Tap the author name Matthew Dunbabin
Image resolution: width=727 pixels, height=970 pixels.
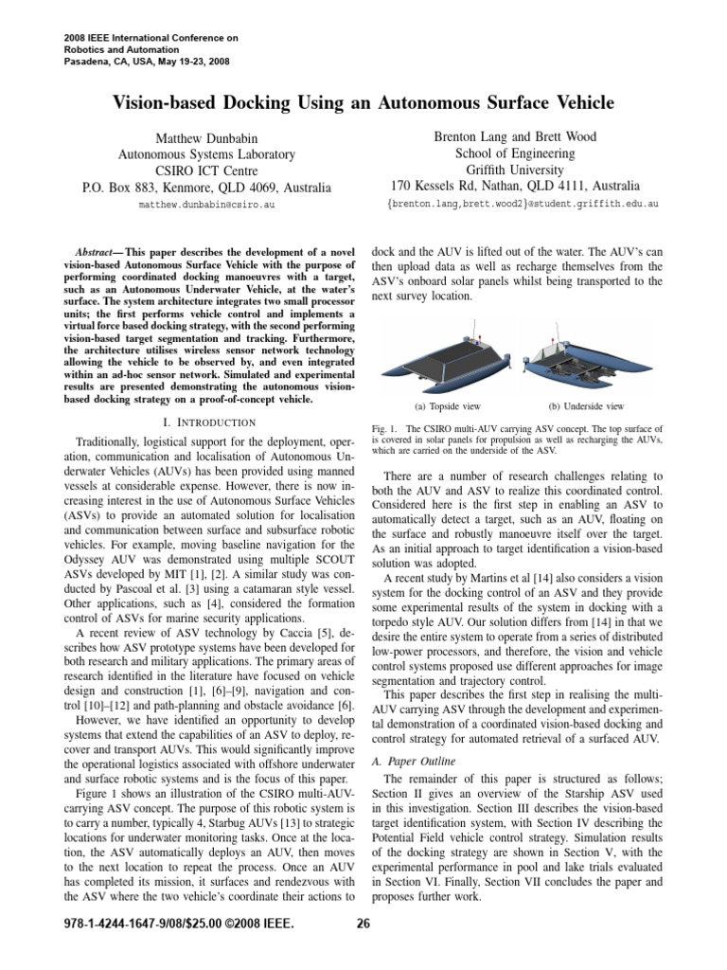205,137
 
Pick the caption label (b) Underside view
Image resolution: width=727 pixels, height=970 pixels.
586,405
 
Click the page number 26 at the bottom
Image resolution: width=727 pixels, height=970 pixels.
363,925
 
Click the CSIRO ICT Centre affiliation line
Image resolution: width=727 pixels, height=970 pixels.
205,170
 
